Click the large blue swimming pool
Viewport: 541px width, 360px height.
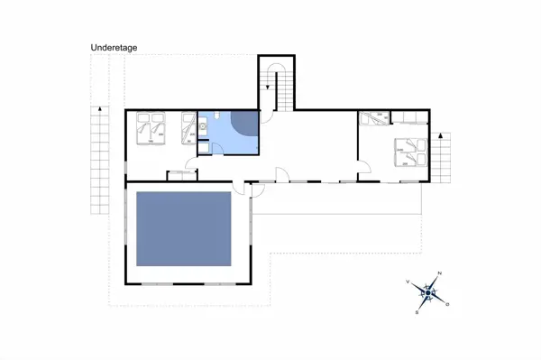tap(183, 230)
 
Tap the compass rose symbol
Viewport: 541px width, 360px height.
tap(429, 292)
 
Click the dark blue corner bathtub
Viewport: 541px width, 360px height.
tap(244, 124)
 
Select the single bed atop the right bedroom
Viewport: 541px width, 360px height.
tap(375, 117)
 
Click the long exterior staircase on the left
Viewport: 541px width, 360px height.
tap(97, 158)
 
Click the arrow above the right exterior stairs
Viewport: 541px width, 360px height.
tap(442, 135)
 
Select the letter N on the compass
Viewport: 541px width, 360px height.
tap(439, 272)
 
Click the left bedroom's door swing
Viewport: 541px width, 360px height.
tap(190, 163)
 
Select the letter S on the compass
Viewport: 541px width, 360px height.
tap(417, 312)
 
